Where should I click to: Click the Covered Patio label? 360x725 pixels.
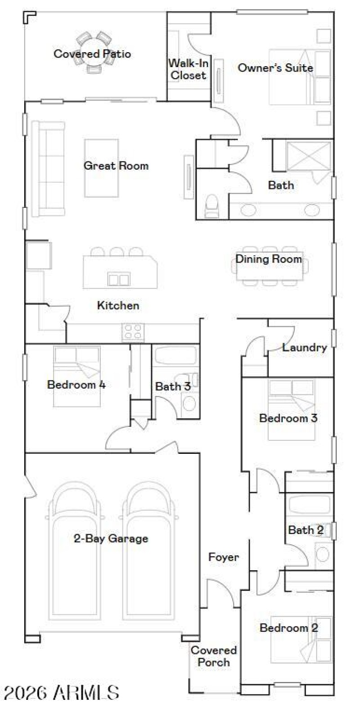click(x=92, y=54)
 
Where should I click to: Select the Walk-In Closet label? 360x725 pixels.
click(x=189, y=69)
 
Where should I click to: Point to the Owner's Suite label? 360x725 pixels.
click(x=275, y=68)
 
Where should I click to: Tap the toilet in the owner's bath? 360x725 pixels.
click(x=211, y=205)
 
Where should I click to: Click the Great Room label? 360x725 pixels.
click(x=116, y=166)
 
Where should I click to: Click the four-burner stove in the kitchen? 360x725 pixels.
click(x=133, y=332)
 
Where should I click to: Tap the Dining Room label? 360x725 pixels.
click(x=269, y=259)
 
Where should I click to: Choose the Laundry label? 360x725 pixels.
click(x=305, y=347)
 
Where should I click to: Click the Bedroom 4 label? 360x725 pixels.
click(x=76, y=385)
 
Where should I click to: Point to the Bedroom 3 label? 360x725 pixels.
click(x=288, y=418)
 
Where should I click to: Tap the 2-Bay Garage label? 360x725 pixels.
click(x=111, y=538)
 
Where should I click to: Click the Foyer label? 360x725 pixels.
click(x=223, y=557)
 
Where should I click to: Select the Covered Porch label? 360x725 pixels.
click(x=213, y=656)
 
